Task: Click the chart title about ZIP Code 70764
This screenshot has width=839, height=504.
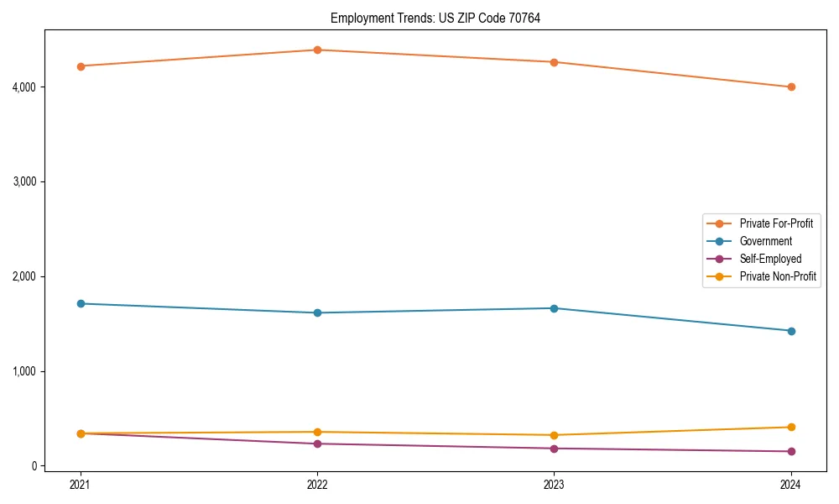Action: click(435, 18)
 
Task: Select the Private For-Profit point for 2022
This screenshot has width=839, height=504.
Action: click(317, 50)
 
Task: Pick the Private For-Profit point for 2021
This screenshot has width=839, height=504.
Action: click(81, 66)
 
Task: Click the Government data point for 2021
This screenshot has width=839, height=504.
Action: click(81, 303)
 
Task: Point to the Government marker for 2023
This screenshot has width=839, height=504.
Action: click(554, 308)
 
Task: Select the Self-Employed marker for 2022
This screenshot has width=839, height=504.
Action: click(317, 444)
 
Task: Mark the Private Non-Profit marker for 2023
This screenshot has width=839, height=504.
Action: click(554, 435)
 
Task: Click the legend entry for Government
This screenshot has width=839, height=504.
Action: click(765, 241)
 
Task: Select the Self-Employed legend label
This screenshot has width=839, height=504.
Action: click(770, 259)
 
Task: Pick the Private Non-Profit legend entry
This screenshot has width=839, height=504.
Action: click(778, 276)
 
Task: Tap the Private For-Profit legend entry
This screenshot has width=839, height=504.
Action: click(776, 223)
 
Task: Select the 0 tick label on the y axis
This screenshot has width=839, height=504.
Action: click(34, 466)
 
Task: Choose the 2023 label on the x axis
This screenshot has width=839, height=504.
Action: click(554, 484)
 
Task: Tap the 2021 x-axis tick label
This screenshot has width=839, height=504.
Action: click(81, 484)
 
